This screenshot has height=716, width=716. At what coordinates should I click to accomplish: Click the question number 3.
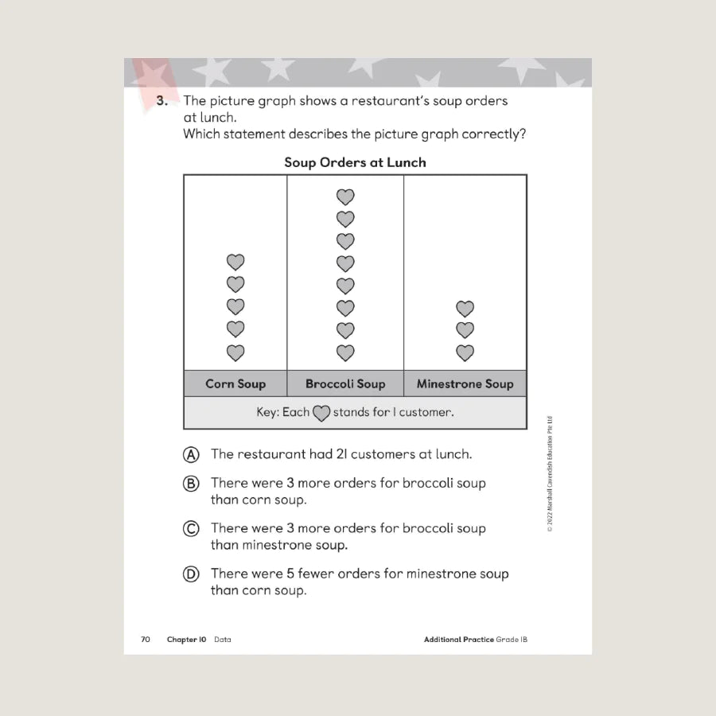[161, 101]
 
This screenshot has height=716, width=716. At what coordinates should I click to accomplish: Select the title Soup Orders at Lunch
[355, 162]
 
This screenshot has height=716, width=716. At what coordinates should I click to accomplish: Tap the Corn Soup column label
[235, 383]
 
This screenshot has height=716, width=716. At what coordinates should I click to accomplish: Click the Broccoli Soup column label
[345, 383]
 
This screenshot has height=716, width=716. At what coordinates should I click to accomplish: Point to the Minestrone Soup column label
[465, 383]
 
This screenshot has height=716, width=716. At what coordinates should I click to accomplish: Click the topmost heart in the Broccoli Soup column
[345, 197]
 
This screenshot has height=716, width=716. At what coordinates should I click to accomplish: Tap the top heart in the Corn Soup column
[235, 262]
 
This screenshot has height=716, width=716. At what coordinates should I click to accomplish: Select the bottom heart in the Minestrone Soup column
[465, 352]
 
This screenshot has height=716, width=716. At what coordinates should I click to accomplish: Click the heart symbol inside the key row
[321, 414]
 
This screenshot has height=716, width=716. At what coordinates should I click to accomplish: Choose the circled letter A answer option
[191, 454]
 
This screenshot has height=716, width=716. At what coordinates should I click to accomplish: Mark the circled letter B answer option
[191, 483]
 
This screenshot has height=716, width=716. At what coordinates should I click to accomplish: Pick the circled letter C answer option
[191, 528]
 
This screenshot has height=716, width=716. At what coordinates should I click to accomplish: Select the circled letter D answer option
[191, 574]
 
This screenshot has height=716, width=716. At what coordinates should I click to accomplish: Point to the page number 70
[146, 639]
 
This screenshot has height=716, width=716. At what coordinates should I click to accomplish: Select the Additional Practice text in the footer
[458, 639]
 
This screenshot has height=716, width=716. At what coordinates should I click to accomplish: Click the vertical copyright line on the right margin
[550, 473]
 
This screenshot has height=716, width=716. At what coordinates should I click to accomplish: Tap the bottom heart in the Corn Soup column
[235, 352]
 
